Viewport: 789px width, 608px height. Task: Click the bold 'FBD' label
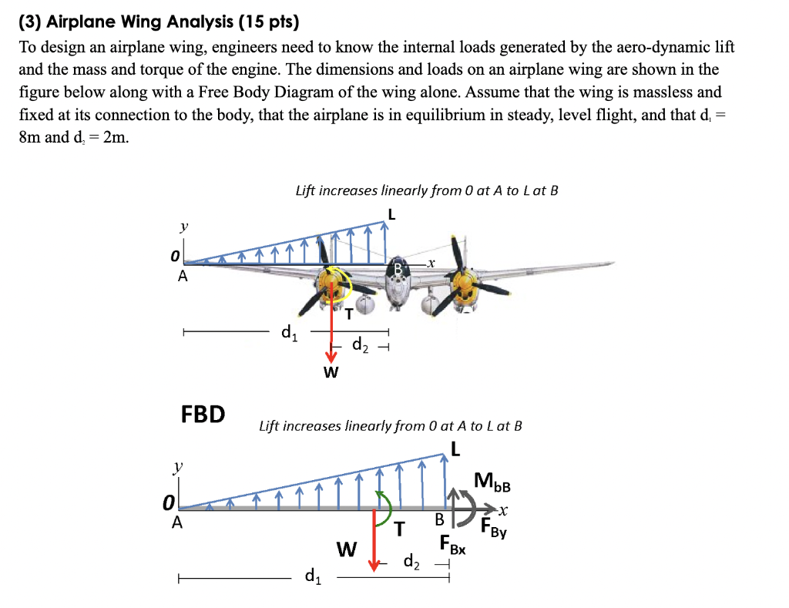(x=203, y=414)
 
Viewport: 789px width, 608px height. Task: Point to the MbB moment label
(x=492, y=485)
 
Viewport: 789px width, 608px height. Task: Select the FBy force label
(x=492, y=529)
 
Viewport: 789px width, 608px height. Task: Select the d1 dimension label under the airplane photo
(x=287, y=333)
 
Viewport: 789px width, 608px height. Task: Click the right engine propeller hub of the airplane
(x=464, y=287)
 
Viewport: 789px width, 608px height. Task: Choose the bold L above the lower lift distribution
(x=455, y=448)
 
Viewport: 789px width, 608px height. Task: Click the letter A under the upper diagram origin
(x=183, y=278)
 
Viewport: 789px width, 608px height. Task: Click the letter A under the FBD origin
(x=176, y=522)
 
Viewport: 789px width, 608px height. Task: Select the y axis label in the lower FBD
(x=178, y=466)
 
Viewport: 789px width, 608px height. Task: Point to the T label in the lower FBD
(x=399, y=529)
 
